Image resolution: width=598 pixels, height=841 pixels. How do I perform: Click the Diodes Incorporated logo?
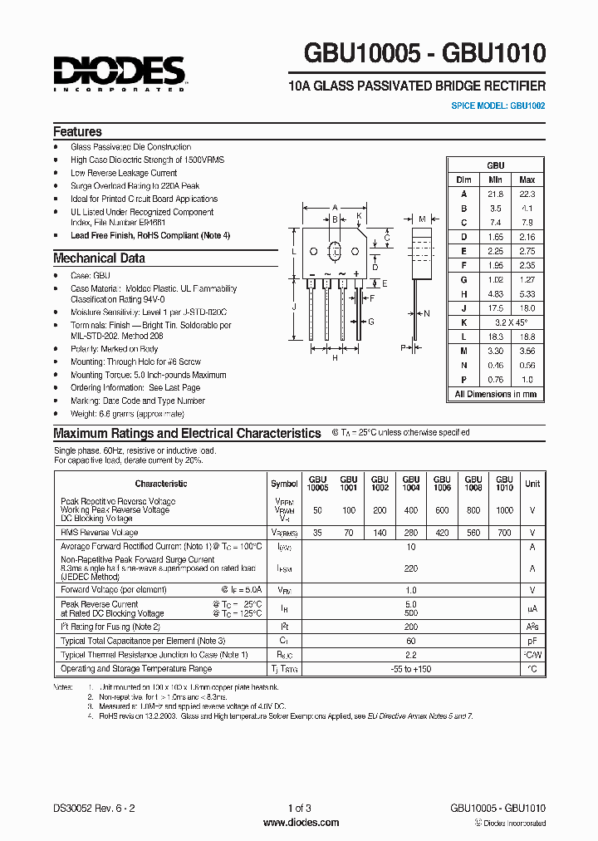(x=119, y=71)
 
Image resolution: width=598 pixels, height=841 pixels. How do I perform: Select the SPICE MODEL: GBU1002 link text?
(x=498, y=106)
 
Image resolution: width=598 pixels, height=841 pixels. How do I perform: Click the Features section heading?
(x=77, y=131)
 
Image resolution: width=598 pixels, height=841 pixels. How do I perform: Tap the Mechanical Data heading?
(x=99, y=258)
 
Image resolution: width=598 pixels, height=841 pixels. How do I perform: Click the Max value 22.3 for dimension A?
(x=527, y=193)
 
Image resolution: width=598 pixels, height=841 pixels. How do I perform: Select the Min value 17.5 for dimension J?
(x=495, y=307)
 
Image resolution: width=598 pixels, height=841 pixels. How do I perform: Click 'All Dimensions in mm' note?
(x=495, y=394)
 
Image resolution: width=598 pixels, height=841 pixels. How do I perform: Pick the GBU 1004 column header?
(x=410, y=483)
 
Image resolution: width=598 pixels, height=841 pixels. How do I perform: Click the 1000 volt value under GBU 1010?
(x=504, y=509)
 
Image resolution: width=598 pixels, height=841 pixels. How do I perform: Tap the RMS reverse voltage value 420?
(x=442, y=533)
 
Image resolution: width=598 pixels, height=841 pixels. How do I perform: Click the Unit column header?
(x=532, y=483)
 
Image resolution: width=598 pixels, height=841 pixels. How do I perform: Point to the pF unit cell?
(x=532, y=642)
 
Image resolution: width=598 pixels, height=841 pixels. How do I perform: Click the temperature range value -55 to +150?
(x=410, y=668)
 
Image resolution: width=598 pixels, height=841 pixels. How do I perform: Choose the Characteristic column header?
(x=161, y=483)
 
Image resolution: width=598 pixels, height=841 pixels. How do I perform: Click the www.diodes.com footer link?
(x=300, y=823)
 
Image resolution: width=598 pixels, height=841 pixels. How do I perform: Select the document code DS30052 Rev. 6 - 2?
(x=88, y=808)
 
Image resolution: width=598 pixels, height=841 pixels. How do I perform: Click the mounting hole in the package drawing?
(x=335, y=250)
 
